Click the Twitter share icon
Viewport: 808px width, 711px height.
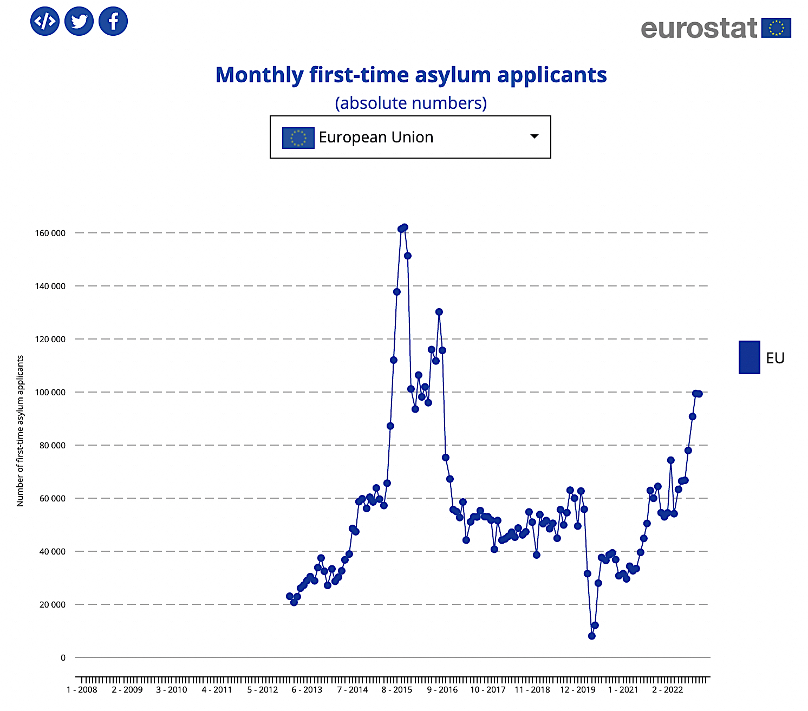[79, 22]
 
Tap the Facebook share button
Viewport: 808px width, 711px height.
[113, 22]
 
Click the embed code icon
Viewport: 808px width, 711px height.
[45, 22]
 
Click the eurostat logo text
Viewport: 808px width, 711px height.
[699, 28]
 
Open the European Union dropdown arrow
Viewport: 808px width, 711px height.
[534, 136]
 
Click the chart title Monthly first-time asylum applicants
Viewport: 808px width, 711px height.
[411, 75]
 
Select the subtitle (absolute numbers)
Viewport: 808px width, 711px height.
[411, 103]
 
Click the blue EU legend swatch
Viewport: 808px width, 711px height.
[749, 357]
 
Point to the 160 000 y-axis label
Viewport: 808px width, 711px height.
[50, 233]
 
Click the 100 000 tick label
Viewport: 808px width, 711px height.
[50, 393]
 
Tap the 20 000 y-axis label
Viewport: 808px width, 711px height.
[53, 605]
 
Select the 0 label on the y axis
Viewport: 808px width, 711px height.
[63, 658]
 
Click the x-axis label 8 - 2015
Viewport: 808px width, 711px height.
[397, 690]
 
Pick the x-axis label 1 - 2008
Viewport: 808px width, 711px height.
[82, 690]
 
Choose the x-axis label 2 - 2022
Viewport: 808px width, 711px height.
[668, 690]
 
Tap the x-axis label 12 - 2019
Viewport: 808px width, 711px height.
[578, 690]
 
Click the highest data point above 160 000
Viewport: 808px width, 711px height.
[404, 227]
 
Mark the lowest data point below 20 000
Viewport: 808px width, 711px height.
[591, 636]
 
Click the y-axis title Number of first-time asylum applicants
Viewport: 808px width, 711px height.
[21, 431]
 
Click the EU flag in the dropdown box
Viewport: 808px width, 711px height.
[298, 138]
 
